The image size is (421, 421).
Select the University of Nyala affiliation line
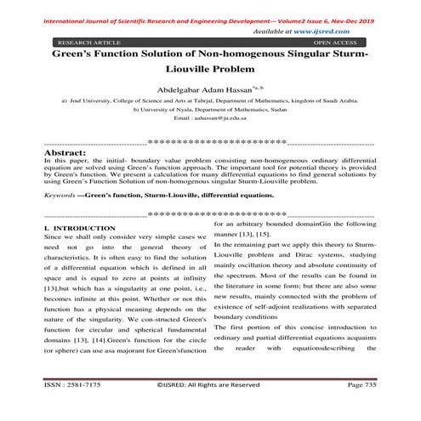coord(209,110)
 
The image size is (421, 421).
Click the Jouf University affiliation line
coord(209,100)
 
